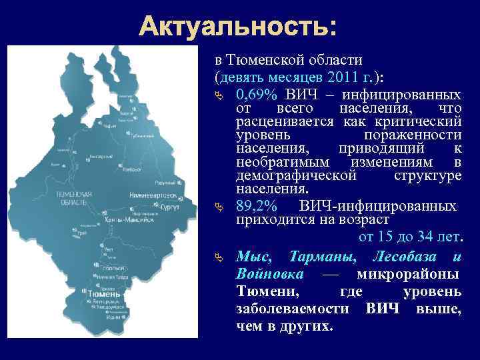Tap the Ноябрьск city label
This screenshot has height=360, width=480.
[x=134, y=169]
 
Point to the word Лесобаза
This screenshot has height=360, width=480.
[x=405, y=257]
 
